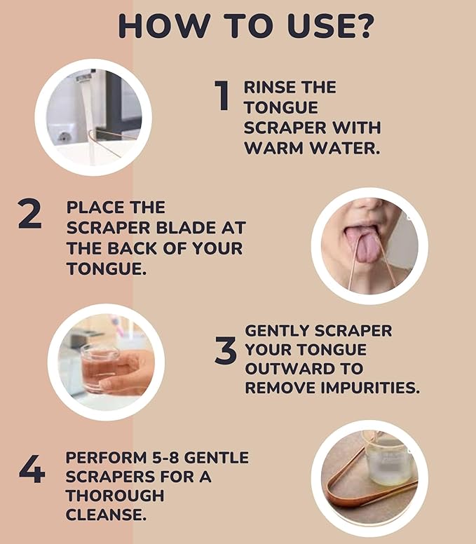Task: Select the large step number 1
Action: [x=222, y=96]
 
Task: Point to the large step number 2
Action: [x=30, y=215]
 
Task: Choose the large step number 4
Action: [x=32, y=470]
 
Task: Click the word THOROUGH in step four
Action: [x=115, y=496]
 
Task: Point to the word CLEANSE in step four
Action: [x=105, y=515]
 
